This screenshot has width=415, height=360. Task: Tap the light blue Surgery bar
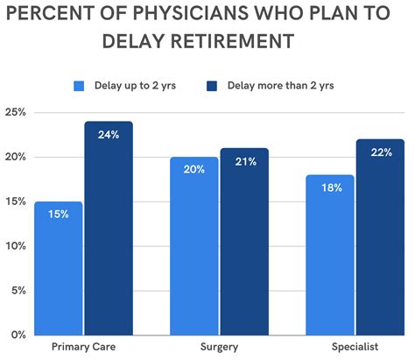194,246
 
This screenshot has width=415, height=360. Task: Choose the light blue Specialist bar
330,255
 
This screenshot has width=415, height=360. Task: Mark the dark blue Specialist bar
380,236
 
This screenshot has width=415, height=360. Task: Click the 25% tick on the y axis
15,113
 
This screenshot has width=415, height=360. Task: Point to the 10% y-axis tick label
15,246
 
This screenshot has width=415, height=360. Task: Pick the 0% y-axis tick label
18,335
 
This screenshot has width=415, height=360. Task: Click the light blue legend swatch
80,85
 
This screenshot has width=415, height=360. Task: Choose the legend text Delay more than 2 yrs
279,85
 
